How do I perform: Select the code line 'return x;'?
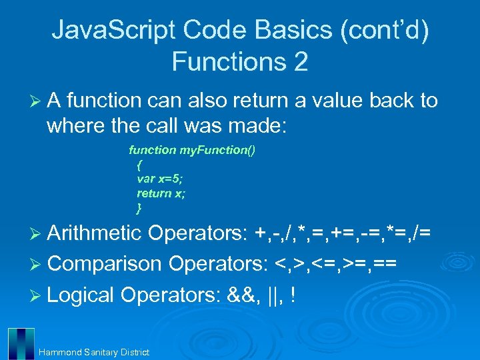(x=161, y=193)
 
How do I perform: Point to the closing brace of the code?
(x=139, y=208)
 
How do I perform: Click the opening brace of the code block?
(x=139, y=165)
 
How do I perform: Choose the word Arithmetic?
(x=95, y=233)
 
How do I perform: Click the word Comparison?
(x=105, y=263)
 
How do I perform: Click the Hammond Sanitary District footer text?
(x=94, y=352)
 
